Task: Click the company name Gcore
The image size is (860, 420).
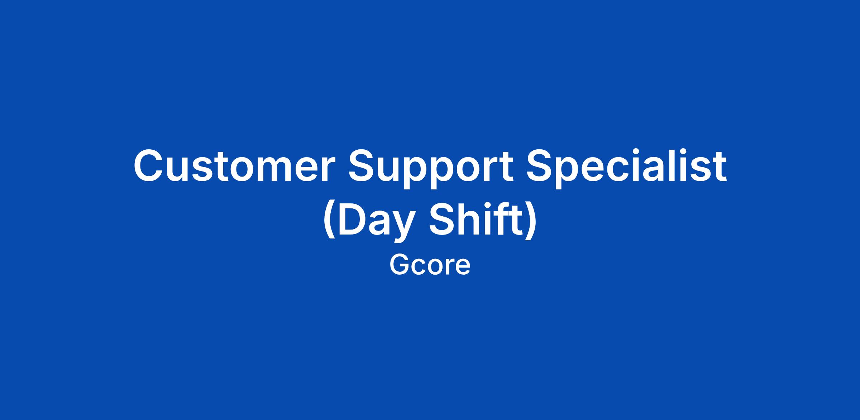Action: pos(430,265)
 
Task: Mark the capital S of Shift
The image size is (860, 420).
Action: pos(443,219)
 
